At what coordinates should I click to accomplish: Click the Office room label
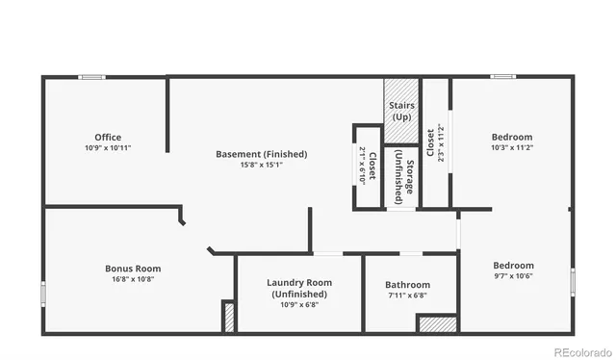click(108, 137)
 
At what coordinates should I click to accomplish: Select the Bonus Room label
click(133, 269)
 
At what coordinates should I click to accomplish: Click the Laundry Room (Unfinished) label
click(299, 288)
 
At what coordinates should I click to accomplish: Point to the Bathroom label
click(407, 285)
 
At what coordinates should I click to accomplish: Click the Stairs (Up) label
click(401, 111)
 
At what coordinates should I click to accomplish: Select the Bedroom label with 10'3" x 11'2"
click(512, 137)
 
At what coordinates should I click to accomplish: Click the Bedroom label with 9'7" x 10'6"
click(513, 266)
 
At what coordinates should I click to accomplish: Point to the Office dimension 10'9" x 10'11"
click(108, 148)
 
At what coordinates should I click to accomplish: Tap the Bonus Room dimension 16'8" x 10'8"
click(133, 279)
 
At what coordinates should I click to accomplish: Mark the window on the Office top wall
click(92, 77)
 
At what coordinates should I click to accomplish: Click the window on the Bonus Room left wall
click(42, 294)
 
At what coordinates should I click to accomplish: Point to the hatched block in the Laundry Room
click(229, 318)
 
